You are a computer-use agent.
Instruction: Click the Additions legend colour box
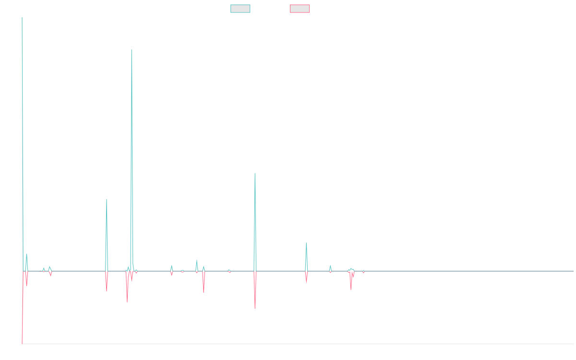240,9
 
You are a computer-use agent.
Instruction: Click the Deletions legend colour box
300,9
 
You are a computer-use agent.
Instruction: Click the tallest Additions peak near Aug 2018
132,50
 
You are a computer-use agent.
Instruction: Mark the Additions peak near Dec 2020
255,174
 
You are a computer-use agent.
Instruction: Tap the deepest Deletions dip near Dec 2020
255,308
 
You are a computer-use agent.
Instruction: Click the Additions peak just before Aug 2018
107,199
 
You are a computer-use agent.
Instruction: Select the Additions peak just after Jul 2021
306,243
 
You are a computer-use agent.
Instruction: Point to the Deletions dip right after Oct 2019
204,292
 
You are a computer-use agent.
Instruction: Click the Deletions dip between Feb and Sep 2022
351,290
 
